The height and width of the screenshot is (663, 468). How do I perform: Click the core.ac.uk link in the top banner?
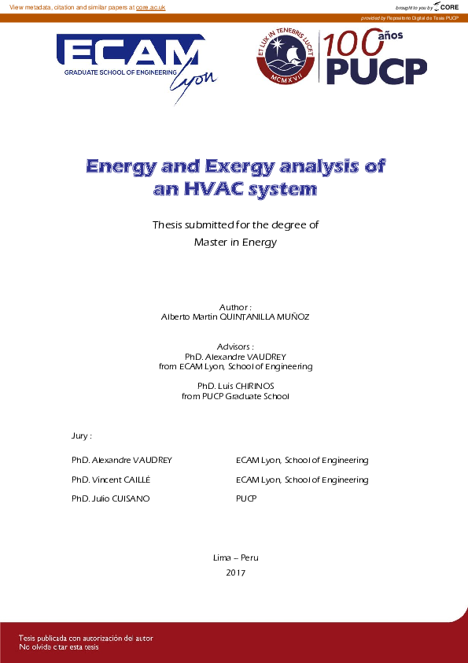tap(150, 7)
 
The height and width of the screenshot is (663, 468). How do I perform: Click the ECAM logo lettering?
tap(126, 54)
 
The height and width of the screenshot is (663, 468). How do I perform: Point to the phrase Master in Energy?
tap(235, 243)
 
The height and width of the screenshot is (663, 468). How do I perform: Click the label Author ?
tap(235, 306)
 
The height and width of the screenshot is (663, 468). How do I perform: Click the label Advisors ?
tap(235, 346)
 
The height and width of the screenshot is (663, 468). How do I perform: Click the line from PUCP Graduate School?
tap(235, 396)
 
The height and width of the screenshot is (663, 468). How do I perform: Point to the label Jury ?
tap(82, 435)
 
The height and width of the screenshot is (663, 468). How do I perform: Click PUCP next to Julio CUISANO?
tap(246, 499)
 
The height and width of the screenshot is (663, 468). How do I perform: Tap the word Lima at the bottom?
tap(222, 557)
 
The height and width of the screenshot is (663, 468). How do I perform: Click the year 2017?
tap(235, 572)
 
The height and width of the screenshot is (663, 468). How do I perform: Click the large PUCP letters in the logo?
tap(376, 71)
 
